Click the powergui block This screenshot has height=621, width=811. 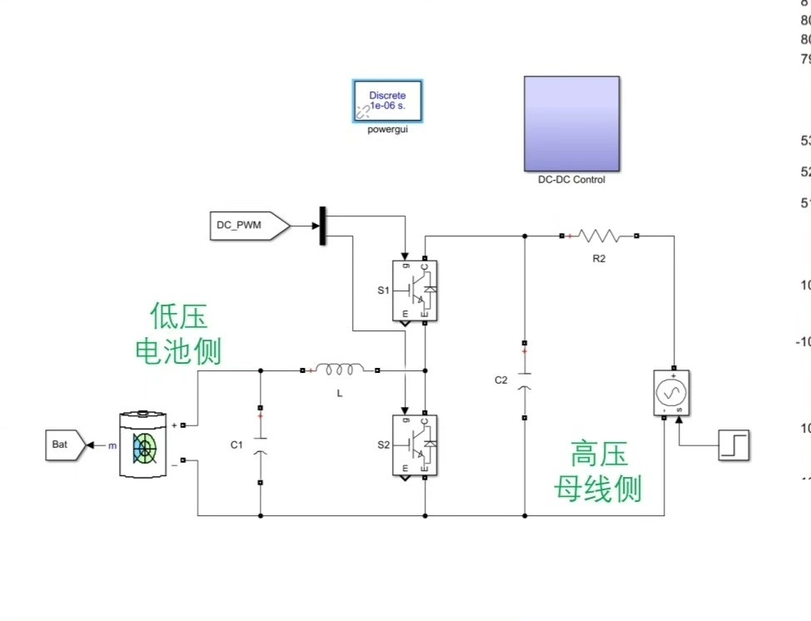[x=387, y=102]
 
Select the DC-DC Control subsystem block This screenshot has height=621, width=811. [x=571, y=123]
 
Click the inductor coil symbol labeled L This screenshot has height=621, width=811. [x=339, y=370]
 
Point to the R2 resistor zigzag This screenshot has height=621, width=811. [x=600, y=236]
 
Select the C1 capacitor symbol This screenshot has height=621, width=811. [x=260, y=445]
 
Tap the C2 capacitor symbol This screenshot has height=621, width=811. [x=525, y=380]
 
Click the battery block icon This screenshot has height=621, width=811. [x=144, y=444]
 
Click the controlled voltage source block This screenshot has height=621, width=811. [x=672, y=392]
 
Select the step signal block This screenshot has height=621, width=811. [x=734, y=445]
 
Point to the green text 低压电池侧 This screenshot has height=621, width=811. [x=178, y=334]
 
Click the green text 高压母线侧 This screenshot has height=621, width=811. [x=599, y=472]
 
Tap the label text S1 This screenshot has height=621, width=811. [x=383, y=291]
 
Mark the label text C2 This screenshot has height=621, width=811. [x=500, y=380]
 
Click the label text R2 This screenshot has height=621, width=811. [x=600, y=259]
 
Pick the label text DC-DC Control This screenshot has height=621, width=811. [x=571, y=180]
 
